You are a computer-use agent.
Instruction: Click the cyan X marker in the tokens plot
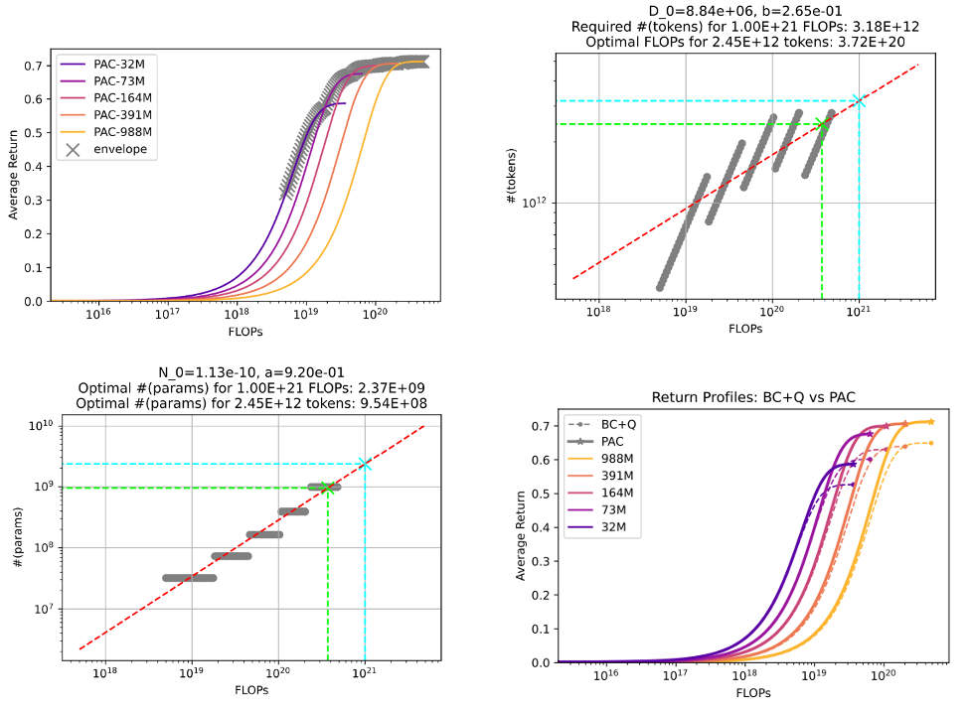(859, 101)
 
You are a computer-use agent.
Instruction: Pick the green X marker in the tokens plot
(821, 124)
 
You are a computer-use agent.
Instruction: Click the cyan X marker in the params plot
(365, 464)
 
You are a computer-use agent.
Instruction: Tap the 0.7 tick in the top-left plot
(35, 67)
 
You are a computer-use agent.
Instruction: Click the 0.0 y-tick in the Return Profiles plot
(540, 662)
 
